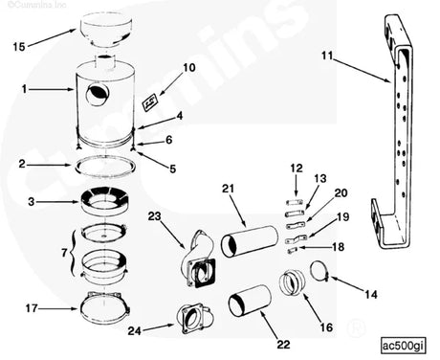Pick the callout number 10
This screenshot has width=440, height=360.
coord(188,67)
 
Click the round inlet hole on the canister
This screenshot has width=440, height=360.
coord(97,94)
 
